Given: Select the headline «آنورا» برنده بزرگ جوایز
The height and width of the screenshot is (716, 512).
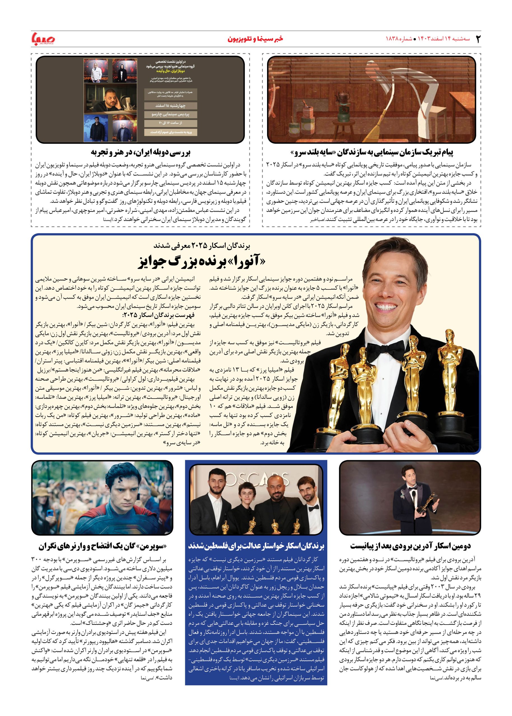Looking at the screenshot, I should [202, 262].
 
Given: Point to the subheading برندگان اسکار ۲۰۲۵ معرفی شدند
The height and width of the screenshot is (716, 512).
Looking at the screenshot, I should [202, 245].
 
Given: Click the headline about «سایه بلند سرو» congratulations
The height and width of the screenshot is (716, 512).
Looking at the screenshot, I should [371, 152].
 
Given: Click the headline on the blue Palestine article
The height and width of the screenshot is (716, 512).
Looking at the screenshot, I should [256, 546].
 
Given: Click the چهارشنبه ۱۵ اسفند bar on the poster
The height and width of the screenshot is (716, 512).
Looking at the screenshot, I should [170, 106].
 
